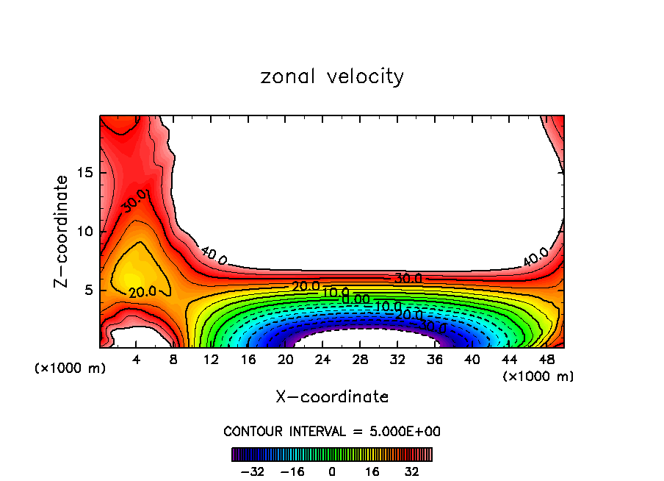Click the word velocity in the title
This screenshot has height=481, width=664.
[x=364, y=76]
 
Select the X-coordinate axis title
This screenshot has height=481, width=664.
[x=332, y=397]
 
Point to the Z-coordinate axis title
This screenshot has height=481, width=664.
[x=62, y=231]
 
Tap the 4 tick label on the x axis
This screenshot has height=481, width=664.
[x=137, y=360]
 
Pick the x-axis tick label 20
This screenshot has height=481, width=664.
[x=286, y=360]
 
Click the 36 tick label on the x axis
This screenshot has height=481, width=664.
[x=434, y=360]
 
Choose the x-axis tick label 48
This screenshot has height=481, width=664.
[x=546, y=360]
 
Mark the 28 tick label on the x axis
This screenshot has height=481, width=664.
[x=360, y=360]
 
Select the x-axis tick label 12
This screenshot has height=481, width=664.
[x=211, y=360]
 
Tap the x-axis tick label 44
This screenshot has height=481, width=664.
[x=508, y=360]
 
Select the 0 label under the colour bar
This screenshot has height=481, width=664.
[x=332, y=471]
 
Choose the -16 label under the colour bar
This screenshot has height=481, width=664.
[x=292, y=471]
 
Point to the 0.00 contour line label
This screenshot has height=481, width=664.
[x=356, y=299]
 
